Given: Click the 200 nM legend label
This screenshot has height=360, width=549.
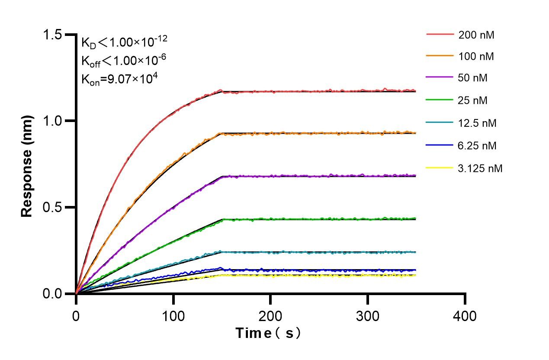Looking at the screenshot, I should [x=476, y=35].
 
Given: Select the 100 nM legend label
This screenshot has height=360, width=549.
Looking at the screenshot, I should [x=476, y=57].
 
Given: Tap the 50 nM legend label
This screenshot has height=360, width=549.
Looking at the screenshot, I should [x=473, y=79].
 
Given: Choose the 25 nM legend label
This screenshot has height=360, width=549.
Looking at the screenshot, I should [x=473, y=101].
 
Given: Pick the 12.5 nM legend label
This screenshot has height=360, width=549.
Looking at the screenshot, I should [x=478, y=123].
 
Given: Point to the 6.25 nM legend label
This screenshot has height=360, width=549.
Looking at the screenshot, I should [x=478, y=146].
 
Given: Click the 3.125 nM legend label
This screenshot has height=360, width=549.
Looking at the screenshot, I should [x=481, y=168].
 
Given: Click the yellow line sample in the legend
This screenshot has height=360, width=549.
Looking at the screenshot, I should [x=440, y=168].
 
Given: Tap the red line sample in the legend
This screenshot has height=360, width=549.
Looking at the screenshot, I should [x=440, y=34].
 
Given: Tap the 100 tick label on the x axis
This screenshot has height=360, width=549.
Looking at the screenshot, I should [x=173, y=316].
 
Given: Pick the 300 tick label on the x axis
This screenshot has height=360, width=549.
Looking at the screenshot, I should [x=368, y=316].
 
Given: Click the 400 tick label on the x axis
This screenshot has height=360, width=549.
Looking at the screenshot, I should [x=465, y=316].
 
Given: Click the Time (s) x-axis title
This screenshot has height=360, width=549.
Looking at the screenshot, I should [x=268, y=333].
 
